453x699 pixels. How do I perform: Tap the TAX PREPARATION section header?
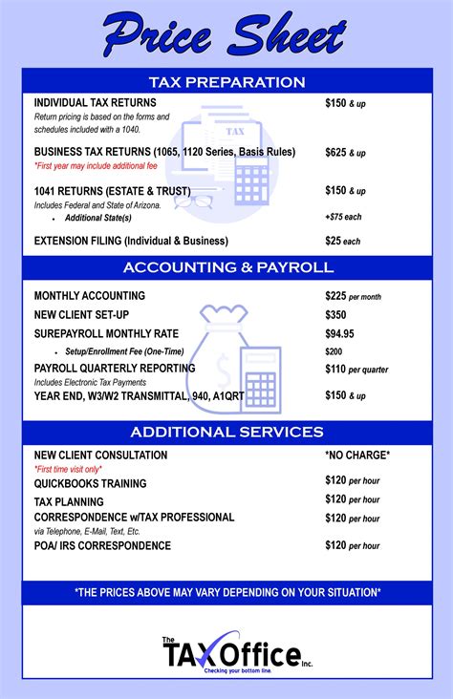click(226, 82)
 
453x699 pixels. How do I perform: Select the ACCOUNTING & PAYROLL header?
click(226, 266)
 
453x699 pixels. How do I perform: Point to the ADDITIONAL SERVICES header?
click(226, 432)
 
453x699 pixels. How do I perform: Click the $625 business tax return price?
click(345, 152)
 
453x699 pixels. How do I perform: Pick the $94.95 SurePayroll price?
click(339, 334)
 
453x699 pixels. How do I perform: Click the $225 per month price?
click(353, 296)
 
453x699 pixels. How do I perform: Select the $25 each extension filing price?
click(343, 241)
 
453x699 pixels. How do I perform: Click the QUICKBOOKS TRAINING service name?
click(91, 484)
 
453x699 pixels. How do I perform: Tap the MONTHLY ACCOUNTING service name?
click(90, 296)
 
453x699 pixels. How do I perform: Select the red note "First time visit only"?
click(68, 470)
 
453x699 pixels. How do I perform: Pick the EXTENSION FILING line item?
click(131, 241)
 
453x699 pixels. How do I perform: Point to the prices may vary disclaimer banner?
click(226, 593)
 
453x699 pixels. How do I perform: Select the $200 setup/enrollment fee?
click(334, 351)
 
